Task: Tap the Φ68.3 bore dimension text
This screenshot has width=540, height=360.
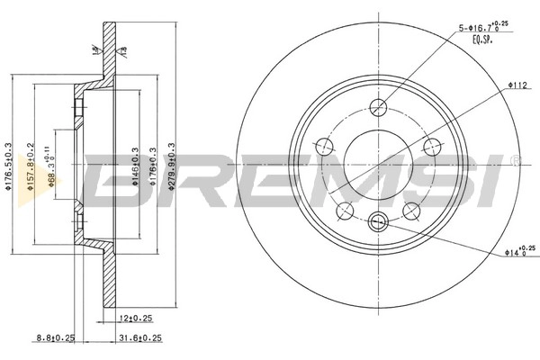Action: click(x=53, y=167)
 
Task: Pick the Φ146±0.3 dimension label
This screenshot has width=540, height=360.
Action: click(x=135, y=167)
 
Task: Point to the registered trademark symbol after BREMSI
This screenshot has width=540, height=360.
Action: click(x=515, y=161)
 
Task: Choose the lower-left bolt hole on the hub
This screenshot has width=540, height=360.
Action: click(x=344, y=211)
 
